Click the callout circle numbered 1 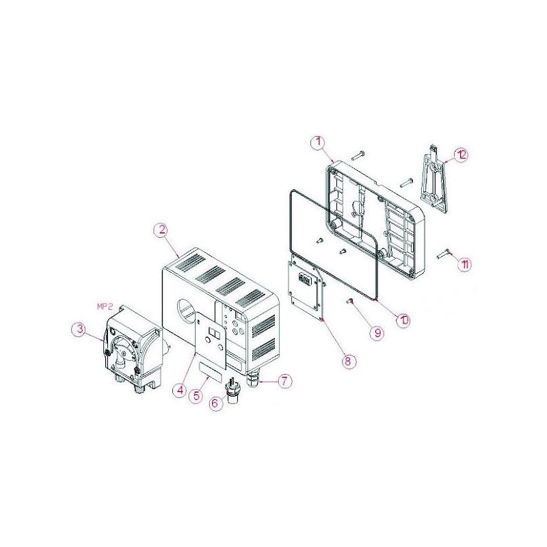coord(318,144)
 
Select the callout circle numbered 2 coord(161,230)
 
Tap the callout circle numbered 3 coord(79,330)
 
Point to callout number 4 coord(180,390)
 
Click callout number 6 coord(215,403)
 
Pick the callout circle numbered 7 coord(284,381)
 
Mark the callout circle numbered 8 coord(347,362)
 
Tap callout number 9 coord(377,332)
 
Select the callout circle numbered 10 coord(403,320)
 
